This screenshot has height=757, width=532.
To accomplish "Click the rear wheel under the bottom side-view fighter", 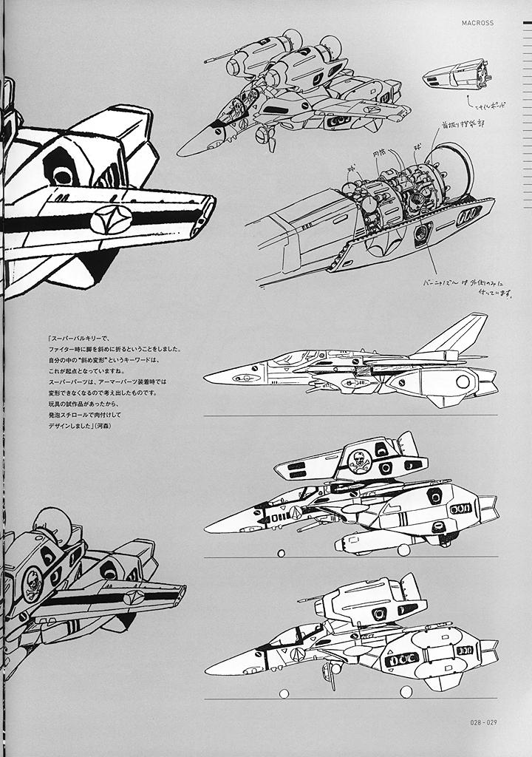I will pos(406,691).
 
